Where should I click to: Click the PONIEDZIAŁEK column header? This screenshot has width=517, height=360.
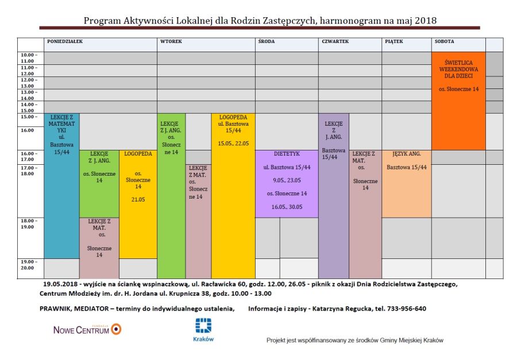64,41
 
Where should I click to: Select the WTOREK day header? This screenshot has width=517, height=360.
171,41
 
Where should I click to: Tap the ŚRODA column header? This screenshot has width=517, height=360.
266,41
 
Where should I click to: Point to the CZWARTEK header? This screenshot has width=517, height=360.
335,41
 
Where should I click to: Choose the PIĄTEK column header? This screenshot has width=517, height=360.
393,41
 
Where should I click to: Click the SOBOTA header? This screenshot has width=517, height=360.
444,41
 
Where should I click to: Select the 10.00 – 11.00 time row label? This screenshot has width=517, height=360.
29,58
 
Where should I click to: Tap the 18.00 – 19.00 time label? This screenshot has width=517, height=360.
29,224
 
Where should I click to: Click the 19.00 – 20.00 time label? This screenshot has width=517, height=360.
29,265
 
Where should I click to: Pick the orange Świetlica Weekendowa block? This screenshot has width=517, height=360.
458,101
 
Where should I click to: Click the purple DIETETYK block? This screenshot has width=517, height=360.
287,184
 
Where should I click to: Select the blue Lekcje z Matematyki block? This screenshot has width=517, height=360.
61,186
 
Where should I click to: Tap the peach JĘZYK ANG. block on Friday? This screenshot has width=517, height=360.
407,184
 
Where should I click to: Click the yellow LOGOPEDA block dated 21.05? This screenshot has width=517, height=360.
138,204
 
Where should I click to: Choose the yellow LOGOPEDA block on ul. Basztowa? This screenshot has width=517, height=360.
233,196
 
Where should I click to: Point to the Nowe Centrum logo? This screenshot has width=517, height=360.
87,329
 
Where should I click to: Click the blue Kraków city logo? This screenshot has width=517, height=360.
203,330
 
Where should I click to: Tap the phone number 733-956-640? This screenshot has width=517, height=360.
407,309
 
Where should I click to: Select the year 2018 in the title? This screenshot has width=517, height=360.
425,21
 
